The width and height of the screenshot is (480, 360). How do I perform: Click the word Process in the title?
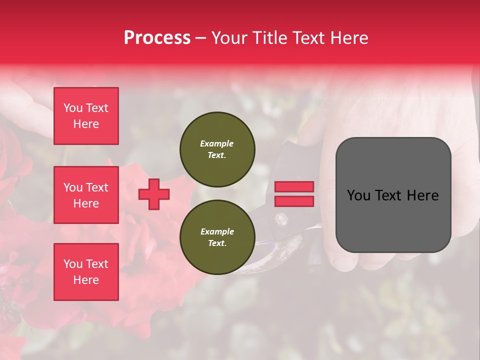pyautogui.click(x=157, y=38)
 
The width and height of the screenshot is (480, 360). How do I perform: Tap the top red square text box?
pyautogui.click(x=86, y=116)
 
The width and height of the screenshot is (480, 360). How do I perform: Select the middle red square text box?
pyautogui.click(x=86, y=195)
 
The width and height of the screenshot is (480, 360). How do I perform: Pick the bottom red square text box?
pyautogui.click(x=86, y=272)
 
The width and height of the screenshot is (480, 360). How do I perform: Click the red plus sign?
pyautogui.click(x=153, y=194)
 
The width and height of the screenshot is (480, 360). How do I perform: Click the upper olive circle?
pyautogui.click(x=217, y=149)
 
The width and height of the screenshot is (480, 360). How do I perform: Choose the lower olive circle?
pyautogui.click(x=217, y=237)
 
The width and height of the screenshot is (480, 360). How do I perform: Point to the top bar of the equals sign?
pyautogui.click(x=294, y=186)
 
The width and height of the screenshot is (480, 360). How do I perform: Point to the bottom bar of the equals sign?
pyautogui.click(x=294, y=201)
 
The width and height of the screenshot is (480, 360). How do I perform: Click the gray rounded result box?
pyautogui.click(x=393, y=195)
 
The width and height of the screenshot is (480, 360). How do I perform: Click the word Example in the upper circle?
pyautogui.click(x=216, y=143)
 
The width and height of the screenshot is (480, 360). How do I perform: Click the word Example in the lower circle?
pyautogui.click(x=217, y=231)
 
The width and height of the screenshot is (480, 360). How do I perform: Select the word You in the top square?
pyautogui.click(x=72, y=108)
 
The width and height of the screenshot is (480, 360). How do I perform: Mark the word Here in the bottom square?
pyautogui.click(x=86, y=280)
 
